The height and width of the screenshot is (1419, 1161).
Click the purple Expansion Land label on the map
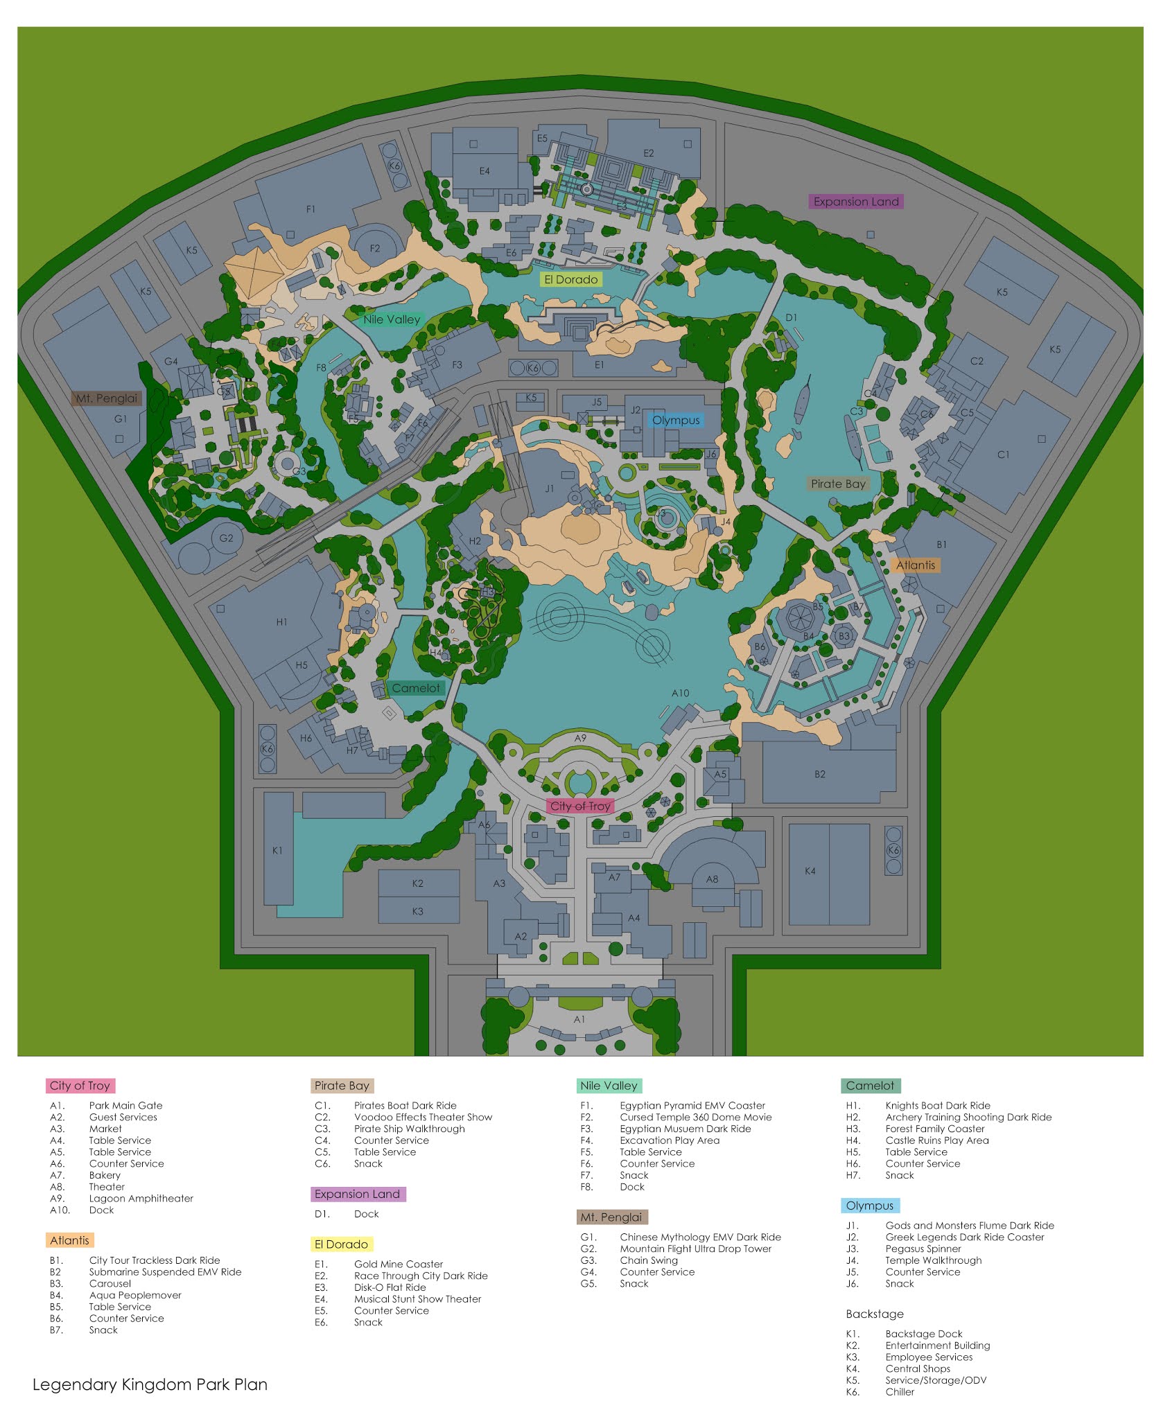(855, 202)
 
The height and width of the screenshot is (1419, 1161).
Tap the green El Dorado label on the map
(570, 279)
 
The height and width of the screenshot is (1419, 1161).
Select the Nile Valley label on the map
(392, 319)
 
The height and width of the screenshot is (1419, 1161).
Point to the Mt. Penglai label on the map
(107, 398)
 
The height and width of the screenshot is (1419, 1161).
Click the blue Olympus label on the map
(676, 420)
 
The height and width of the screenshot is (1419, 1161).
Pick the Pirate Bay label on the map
(838, 484)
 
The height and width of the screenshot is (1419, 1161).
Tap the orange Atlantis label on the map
(915, 565)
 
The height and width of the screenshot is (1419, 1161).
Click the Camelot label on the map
(416, 688)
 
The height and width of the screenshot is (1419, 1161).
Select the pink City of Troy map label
(580, 806)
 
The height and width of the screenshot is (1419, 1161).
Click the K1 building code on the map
(277, 850)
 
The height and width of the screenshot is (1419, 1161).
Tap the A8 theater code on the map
(712, 879)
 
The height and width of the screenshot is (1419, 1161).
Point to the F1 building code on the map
(311, 209)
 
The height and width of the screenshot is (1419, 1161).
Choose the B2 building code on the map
(820, 774)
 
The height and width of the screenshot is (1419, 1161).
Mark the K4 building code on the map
(810, 871)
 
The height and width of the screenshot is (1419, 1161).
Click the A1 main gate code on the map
(579, 1019)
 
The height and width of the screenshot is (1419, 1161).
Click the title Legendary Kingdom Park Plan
(150, 1384)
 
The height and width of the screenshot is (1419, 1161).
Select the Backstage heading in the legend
(875, 1314)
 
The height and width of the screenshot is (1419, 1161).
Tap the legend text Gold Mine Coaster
(399, 1264)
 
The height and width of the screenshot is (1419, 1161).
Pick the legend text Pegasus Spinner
(923, 1249)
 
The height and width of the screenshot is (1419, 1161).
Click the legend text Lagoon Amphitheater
(141, 1198)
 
